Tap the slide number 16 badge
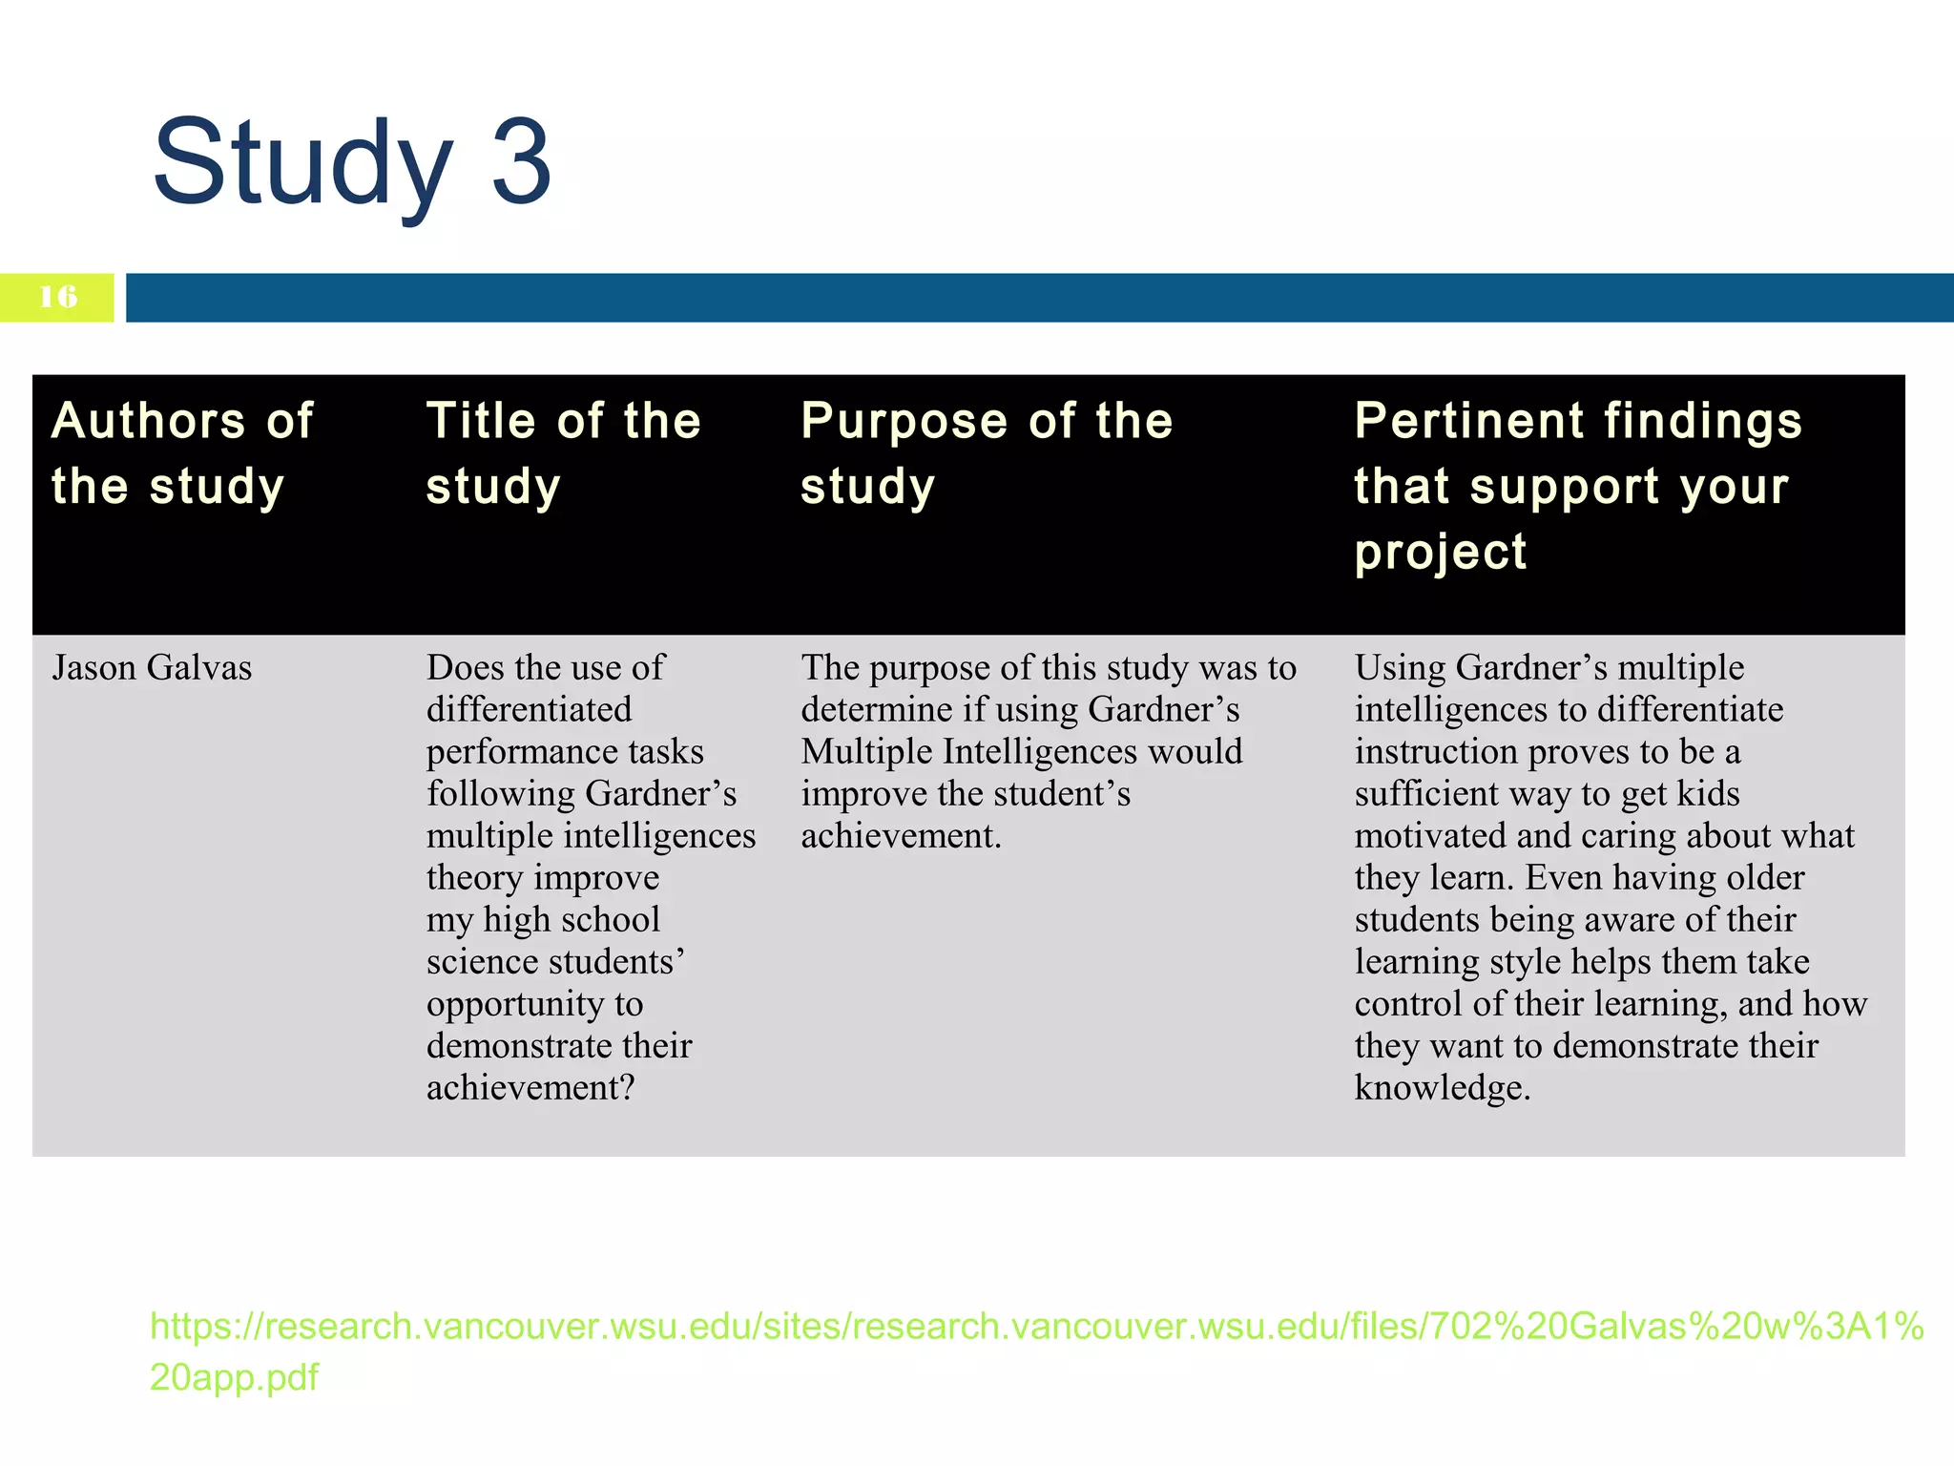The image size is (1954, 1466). coord(57,297)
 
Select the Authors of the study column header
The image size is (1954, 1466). coord(182,453)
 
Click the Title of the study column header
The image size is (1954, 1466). coord(563,453)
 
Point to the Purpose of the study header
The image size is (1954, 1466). coord(987,453)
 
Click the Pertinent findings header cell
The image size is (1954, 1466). coord(1578,486)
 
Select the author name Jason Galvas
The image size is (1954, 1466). coord(152,668)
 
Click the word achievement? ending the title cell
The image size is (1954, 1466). coord(530,1088)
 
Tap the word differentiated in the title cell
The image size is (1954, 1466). coord(529,710)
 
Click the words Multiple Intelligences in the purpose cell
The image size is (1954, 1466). coord(969,752)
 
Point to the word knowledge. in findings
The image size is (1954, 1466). coord(1442,1088)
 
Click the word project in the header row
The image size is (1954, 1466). coord(1441,553)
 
